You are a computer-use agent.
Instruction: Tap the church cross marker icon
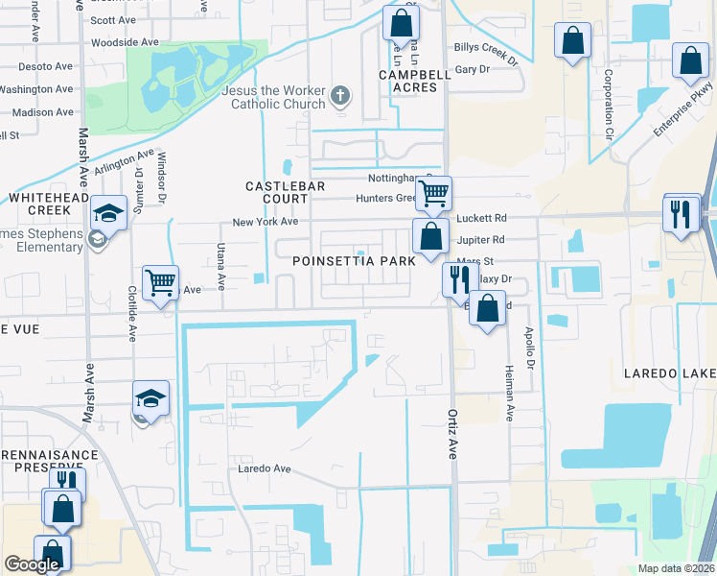[339, 95]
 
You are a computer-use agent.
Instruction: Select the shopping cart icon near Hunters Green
[434, 193]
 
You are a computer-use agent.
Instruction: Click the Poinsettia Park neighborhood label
[355, 261]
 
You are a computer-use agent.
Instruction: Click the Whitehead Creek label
[42, 203]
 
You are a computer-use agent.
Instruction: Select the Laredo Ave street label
[265, 468]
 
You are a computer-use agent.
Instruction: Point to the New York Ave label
[266, 222]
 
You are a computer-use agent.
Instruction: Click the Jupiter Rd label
[481, 240]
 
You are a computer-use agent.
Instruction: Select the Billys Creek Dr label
[485, 60]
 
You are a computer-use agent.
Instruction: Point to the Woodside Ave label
[124, 42]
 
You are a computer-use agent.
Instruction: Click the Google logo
[32, 564]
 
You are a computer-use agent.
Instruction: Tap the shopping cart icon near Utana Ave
[160, 283]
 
